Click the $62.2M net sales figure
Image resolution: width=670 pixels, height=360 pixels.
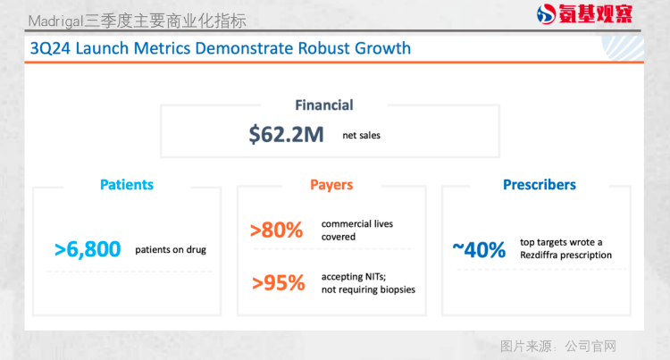286,135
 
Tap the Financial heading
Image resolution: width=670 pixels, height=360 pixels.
324,105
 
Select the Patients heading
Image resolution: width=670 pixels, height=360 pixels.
127,185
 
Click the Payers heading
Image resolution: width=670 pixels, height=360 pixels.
331,185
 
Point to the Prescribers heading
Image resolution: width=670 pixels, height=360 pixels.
540,185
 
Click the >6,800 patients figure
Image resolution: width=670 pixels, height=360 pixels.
88,249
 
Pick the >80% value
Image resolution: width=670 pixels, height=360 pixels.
276,230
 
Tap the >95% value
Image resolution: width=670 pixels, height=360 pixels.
278,282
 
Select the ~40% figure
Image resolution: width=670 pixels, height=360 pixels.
479,250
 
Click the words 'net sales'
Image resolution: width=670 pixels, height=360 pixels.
362,136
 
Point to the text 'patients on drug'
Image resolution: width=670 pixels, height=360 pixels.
171,249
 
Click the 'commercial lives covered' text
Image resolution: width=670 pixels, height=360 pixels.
357,230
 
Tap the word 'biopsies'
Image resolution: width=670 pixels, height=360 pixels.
398,289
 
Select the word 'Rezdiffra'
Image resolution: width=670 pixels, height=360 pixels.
539,255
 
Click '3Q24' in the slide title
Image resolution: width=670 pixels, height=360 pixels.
50,48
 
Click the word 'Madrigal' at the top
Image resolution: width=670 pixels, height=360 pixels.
55,21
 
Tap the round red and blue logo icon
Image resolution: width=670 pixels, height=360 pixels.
546,14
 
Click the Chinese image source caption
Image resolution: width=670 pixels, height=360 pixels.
558,346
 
